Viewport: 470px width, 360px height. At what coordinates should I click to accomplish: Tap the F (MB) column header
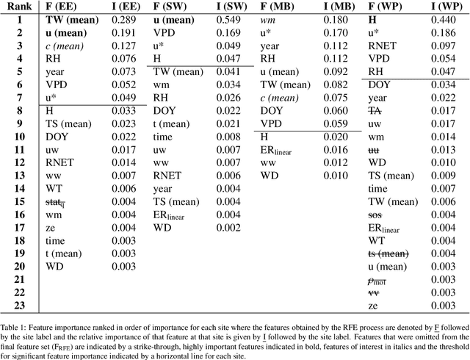(x=277, y=8)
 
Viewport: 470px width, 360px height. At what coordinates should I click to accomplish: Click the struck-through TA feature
(x=375, y=110)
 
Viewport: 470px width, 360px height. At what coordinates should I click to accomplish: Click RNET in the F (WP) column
(x=383, y=46)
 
